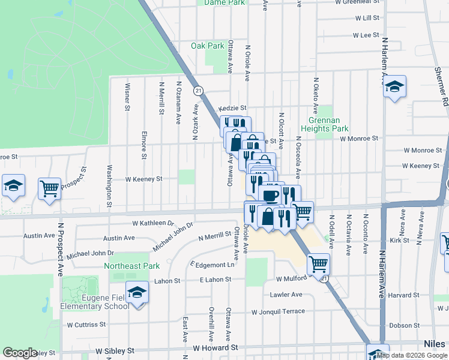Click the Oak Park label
point(207,46)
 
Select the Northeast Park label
point(131,265)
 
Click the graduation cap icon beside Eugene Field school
point(137,292)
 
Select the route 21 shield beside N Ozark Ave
point(198,91)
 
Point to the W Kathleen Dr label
point(153,223)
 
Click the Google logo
point(20,352)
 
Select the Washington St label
point(109,186)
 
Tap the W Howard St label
point(215,347)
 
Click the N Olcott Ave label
point(281,127)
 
